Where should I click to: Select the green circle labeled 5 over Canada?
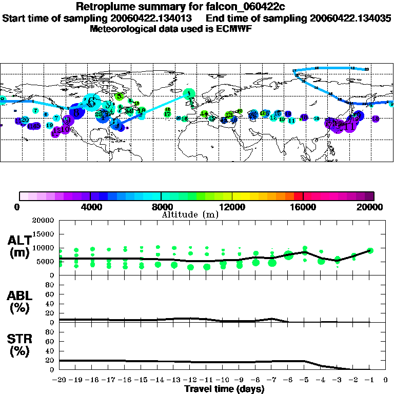[119, 96]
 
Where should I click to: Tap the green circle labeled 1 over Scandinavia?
[190, 93]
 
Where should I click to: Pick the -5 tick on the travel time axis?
[304, 381]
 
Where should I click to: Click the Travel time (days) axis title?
[224, 389]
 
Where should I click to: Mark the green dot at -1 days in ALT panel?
[370, 250]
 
